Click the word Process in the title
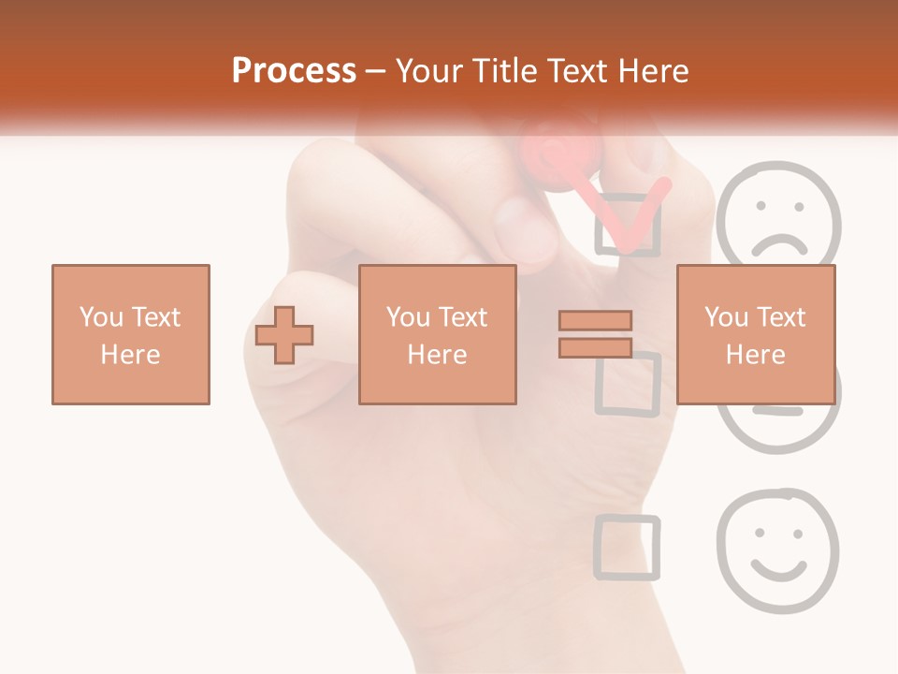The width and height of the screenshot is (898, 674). click(x=294, y=71)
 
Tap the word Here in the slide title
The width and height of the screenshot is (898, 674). click(x=653, y=71)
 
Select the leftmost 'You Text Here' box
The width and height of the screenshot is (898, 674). click(x=130, y=334)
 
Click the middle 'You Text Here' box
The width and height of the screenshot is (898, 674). click(x=437, y=334)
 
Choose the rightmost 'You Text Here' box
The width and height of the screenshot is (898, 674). click(x=755, y=334)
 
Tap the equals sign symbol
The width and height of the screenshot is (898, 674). click(x=595, y=334)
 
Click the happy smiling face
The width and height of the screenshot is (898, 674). click(x=777, y=549)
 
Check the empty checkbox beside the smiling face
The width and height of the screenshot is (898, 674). click(x=627, y=546)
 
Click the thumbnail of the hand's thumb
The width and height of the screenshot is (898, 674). click(x=524, y=225)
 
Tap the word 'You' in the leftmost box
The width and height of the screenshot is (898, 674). click(x=102, y=316)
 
